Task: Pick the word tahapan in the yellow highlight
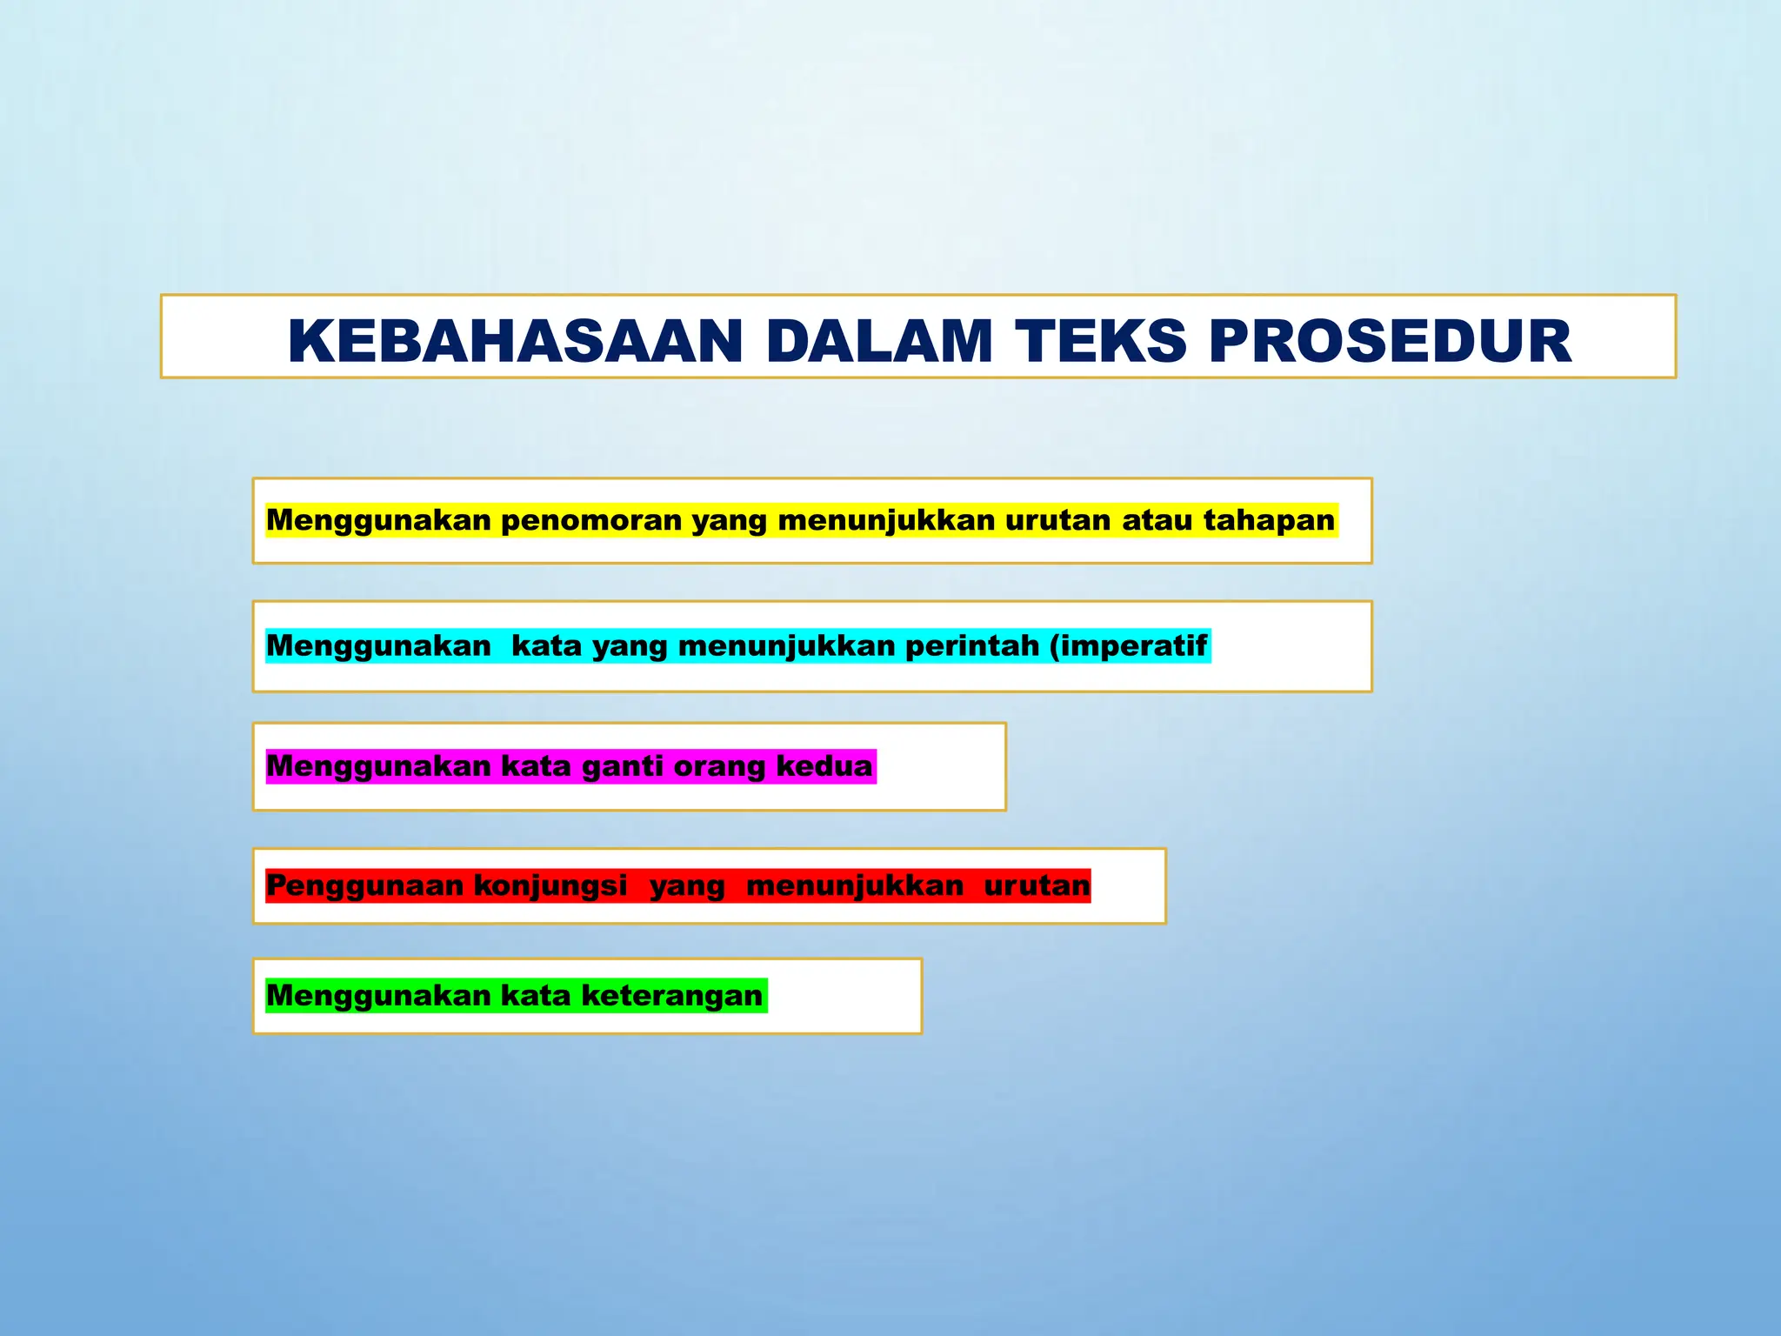(1269, 520)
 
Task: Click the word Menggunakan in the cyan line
(378, 645)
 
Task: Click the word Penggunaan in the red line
(364, 885)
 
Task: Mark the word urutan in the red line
(1037, 885)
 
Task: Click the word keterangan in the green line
(671, 995)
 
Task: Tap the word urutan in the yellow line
(1057, 520)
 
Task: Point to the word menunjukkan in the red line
(855, 885)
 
